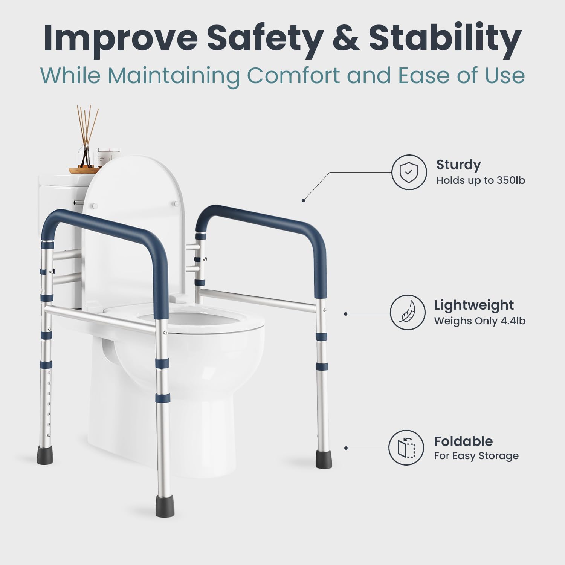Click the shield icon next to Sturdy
pos(409,172)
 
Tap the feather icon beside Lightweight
pos(408,313)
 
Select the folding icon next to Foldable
pos(406,447)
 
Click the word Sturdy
pos(458,165)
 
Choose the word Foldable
pos(463,441)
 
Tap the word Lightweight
pos(474,305)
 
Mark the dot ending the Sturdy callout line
pos(303,200)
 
